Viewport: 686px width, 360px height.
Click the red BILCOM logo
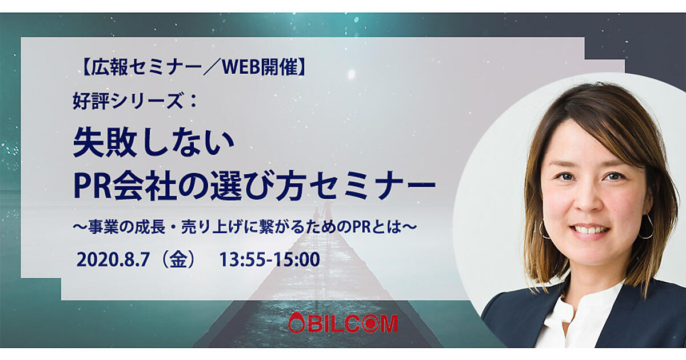point(343,323)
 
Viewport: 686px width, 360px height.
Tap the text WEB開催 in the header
point(260,67)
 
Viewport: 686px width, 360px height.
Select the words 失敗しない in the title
point(154,144)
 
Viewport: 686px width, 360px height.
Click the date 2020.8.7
point(113,259)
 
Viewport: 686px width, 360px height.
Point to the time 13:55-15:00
point(269,259)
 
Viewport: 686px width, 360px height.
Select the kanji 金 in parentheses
point(178,259)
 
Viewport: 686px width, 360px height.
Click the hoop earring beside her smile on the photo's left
point(544,229)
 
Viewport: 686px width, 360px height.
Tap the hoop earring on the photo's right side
point(646,226)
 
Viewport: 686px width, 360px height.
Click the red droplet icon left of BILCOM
point(294,323)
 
